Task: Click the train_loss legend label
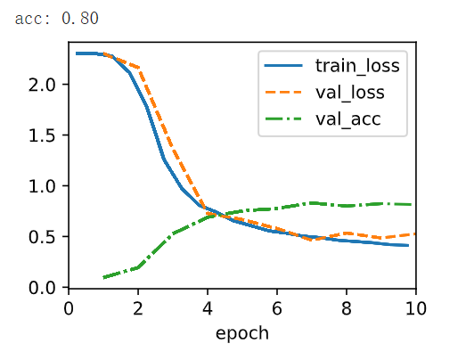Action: tap(357, 66)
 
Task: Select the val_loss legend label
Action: tap(350, 92)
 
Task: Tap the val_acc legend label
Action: tap(348, 119)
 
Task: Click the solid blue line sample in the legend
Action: tap(283, 66)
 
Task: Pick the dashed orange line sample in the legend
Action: tap(283, 93)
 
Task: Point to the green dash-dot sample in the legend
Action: tap(283, 119)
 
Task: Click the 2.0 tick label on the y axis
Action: tap(42, 86)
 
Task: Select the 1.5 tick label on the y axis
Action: tap(42, 135)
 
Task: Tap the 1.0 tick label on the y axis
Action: tap(42, 187)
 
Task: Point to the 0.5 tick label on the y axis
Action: tap(42, 237)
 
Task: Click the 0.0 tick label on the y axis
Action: tap(42, 288)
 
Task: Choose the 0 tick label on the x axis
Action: tap(69, 308)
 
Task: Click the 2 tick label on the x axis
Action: tap(138, 308)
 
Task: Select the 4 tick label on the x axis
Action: tap(208, 308)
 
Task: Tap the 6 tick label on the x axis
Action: tap(277, 308)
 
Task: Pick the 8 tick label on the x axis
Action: tap(347, 308)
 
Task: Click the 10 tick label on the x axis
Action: tap(416, 308)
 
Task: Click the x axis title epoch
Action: tap(242, 333)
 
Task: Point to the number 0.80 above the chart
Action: tap(80, 18)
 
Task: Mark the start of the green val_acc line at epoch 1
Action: tap(103, 277)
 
